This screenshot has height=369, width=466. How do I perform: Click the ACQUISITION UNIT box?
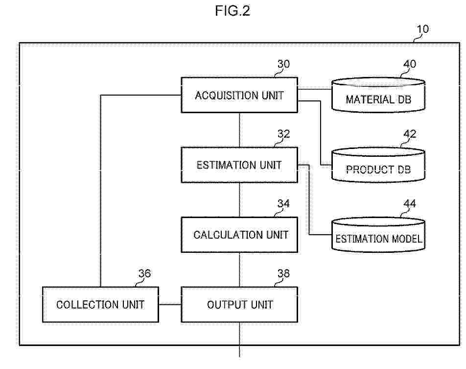(x=239, y=96)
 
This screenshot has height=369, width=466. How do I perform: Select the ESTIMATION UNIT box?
(x=239, y=165)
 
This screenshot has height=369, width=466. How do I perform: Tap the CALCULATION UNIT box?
(x=239, y=235)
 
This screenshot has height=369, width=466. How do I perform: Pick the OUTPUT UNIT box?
(x=239, y=305)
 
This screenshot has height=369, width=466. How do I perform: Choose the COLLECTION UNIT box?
(x=100, y=305)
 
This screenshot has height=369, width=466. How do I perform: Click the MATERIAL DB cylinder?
(x=378, y=97)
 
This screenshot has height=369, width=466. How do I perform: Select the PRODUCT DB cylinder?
(x=378, y=166)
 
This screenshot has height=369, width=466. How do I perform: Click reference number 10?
(x=422, y=29)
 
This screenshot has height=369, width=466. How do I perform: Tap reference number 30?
(x=283, y=64)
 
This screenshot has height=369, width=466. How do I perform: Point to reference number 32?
(x=283, y=134)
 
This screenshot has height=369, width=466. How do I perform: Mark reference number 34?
(x=283, y=203)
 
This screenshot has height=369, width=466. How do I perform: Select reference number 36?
(x=144, y=274)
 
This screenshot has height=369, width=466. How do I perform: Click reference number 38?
(x=283, y=274)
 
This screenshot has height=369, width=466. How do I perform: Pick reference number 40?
(x=409, y=64)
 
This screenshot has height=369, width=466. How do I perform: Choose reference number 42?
(x=409, y=134)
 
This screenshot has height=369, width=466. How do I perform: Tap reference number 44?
(x=409, y=203)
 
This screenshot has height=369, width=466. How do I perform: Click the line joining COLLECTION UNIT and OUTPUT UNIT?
(x=170, y=305)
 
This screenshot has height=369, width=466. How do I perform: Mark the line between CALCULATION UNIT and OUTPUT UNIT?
(x=239, y=270)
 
